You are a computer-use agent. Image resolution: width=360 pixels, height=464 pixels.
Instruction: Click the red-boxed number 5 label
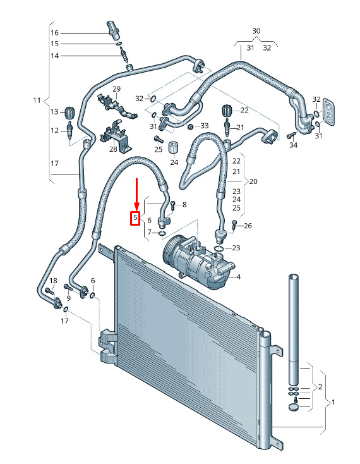135,218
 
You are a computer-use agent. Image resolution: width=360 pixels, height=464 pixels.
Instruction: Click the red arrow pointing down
136,194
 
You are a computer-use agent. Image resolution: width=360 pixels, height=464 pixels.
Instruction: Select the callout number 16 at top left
55,33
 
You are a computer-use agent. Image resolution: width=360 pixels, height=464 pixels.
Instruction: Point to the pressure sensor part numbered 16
114,30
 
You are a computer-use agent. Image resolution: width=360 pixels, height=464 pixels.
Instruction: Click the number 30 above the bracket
256,31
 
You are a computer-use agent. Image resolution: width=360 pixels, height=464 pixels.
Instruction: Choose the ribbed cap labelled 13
69,112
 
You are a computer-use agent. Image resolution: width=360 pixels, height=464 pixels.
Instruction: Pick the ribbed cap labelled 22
226,111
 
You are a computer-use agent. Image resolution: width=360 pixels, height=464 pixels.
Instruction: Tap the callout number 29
117,89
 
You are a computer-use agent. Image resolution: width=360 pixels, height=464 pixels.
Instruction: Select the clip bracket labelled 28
116,136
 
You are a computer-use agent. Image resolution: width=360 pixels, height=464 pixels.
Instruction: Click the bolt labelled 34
291,136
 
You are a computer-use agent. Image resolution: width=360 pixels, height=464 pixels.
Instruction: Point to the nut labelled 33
191,127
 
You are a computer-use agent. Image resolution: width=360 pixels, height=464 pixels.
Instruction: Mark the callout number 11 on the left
37,101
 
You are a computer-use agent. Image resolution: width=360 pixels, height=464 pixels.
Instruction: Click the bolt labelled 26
234,224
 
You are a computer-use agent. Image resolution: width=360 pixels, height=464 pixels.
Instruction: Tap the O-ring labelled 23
218,248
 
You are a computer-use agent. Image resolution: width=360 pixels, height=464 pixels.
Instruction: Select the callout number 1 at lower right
333,402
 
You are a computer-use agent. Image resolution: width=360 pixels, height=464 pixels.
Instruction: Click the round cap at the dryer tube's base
293,407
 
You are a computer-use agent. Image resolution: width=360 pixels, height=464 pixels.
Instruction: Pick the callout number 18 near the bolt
53,281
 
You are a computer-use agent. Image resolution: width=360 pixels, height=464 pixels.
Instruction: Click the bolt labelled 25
157,138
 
